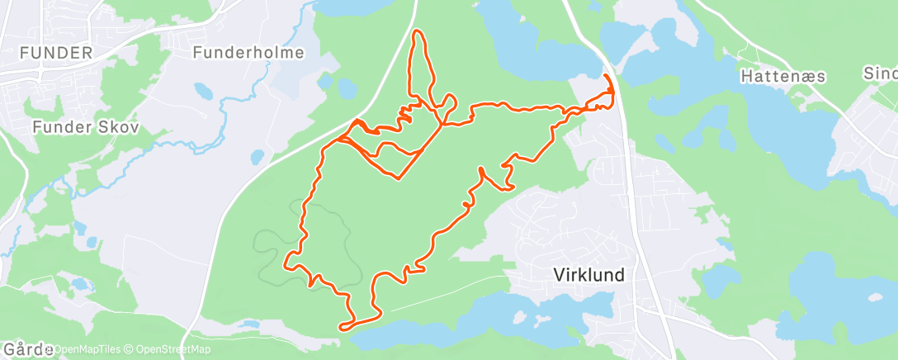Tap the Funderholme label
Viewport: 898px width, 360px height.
pyautogui.click(x=248, y=53)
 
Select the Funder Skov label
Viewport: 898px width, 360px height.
pyautogui.click(x=86, y=127)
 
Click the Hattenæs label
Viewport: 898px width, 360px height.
pyautogui.click(x=774, y=76)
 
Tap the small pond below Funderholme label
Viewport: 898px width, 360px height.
pyautogui.click(x=201, y=89)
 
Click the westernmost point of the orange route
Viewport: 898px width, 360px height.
pyautogui.click(x=286, y=265)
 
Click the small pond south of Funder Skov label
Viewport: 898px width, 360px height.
pyautogui.click(x=258, y=156)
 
